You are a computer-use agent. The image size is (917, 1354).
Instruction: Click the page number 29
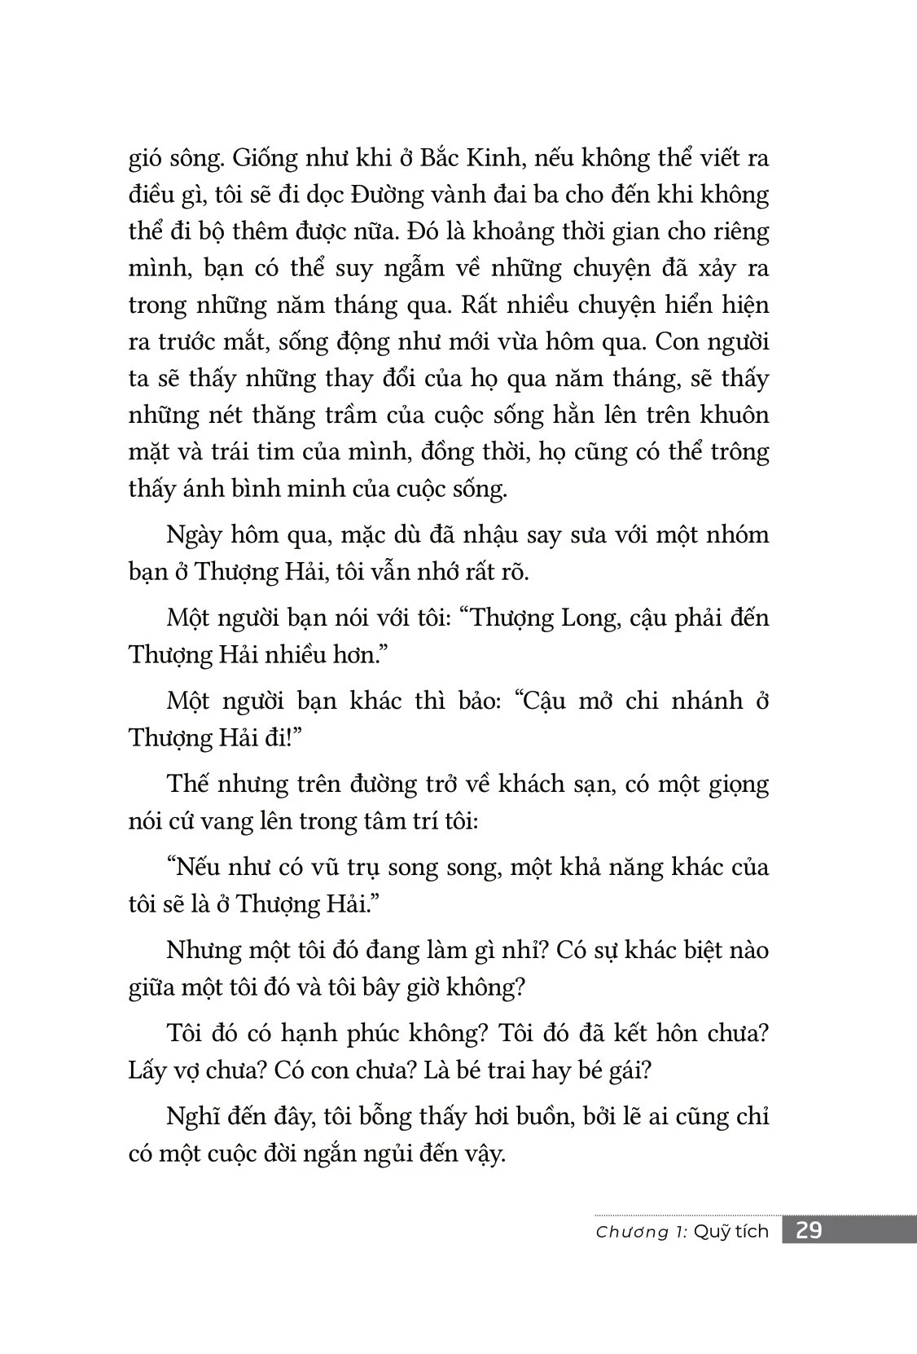coord(808,1230)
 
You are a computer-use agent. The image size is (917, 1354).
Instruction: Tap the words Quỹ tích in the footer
coord(736,1232)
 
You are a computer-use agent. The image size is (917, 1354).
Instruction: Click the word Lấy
coord(147,1070)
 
